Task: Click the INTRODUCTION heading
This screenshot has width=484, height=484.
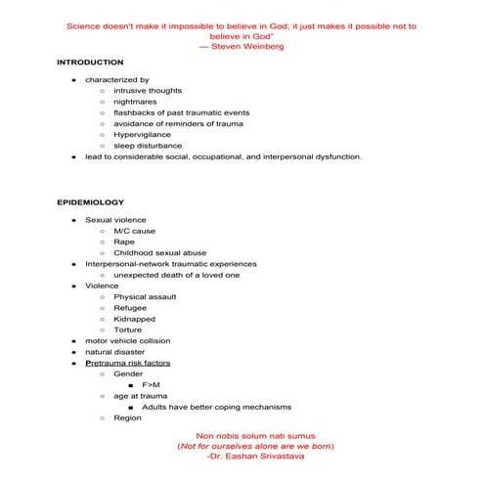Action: click(x=90, y=63)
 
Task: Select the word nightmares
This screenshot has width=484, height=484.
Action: click(x=136, y=102)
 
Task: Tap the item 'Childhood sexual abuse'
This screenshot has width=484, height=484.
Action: click(x=159, y=252)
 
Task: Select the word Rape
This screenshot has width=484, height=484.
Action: click(x=124, y=242)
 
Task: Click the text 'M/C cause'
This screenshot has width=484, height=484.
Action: click(x=134, y=231)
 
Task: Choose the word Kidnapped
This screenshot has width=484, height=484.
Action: click(x=134, y=319)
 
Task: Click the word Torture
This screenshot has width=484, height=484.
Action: click(x=128, y=330)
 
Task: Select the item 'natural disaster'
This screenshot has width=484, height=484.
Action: click(x=115, y=351)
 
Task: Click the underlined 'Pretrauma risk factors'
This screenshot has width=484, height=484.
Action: click(x=127, y=363)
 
